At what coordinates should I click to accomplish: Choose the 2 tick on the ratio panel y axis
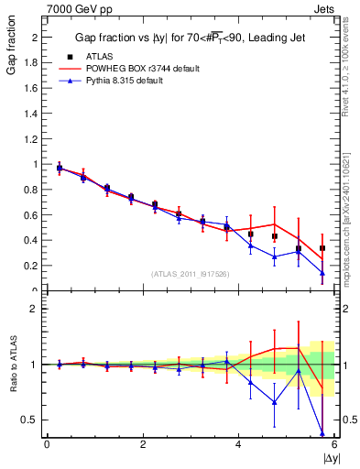tap(37, 310)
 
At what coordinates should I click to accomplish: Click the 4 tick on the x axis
tap(238, 444)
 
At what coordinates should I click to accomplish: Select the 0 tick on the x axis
tap(47, 444)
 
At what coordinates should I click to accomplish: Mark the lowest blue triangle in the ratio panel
tap(322, 432)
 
